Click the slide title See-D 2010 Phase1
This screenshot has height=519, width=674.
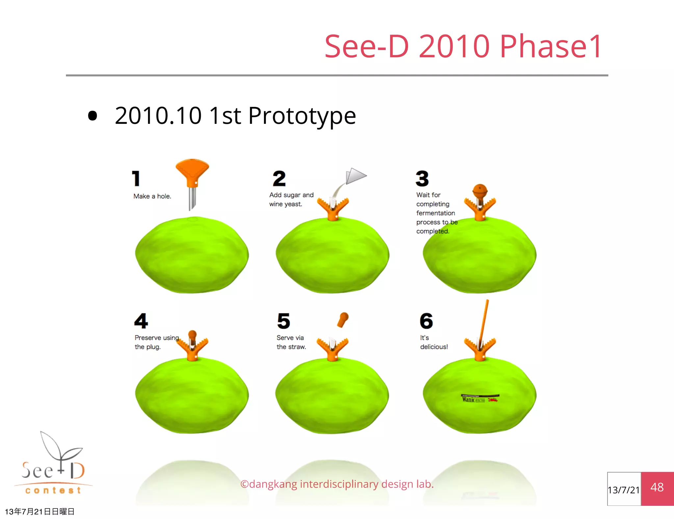463,46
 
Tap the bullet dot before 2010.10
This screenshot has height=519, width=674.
93,116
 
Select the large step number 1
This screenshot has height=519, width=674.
136,178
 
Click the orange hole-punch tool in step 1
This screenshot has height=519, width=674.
192,173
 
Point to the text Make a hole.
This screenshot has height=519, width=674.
152,196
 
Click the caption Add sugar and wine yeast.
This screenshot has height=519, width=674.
291,199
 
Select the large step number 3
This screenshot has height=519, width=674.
422,178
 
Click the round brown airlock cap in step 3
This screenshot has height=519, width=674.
480,190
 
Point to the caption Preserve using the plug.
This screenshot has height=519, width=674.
157,342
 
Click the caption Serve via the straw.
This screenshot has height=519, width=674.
291,342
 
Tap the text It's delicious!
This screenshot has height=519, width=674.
434,342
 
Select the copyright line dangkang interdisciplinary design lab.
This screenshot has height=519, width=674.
337,484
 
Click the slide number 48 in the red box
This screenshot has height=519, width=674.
657,487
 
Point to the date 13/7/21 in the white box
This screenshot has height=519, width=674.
623,490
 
